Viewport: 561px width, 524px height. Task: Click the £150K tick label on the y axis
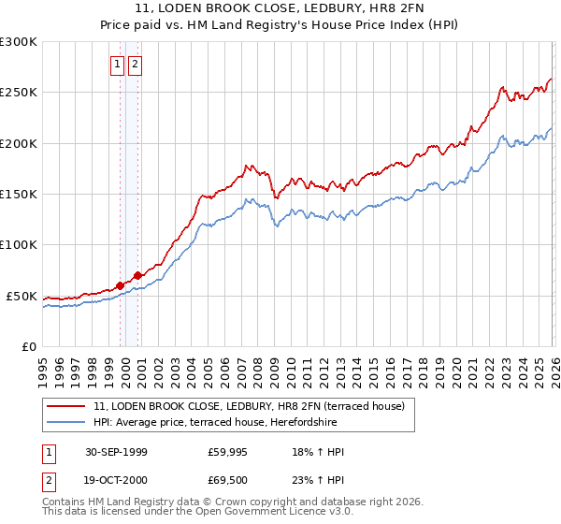[x=19, y=194]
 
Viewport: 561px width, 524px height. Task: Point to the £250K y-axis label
[x=19, y=93]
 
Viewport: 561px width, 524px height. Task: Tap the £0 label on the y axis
[x=29, y=346]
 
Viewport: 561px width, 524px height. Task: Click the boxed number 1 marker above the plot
[x=118, y=65]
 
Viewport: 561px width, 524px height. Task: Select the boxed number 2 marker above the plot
[x=135, y=65]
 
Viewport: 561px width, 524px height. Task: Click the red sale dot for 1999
[x=121, y=285]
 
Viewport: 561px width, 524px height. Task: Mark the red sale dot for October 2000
[x=137, y=275]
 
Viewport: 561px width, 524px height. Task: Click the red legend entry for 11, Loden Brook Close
[x=249, y=406]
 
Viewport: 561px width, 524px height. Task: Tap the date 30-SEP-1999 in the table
[x=115, y=452]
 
